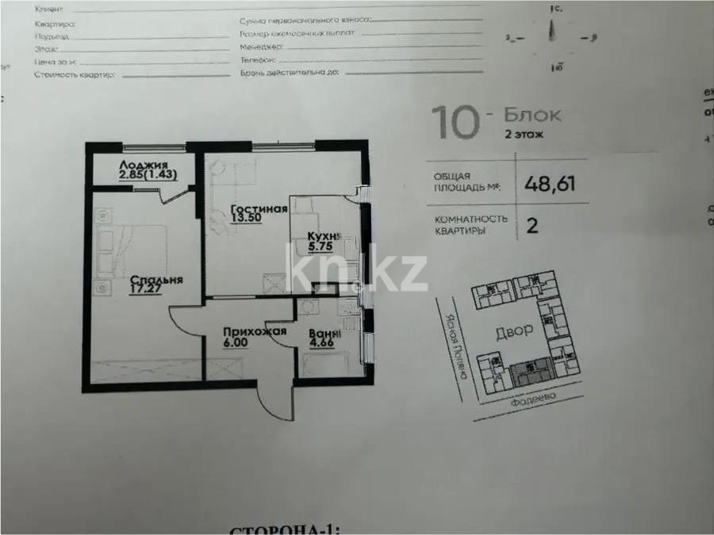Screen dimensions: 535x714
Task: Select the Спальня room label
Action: click(157, 280)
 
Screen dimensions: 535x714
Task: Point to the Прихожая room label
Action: click(254, 333)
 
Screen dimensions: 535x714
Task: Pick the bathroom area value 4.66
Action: click(323, 345)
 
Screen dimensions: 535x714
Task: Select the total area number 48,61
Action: click(550, 185)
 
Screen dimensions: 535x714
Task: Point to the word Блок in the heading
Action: click(532, 115)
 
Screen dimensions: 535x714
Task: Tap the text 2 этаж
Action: click(524, 135)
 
